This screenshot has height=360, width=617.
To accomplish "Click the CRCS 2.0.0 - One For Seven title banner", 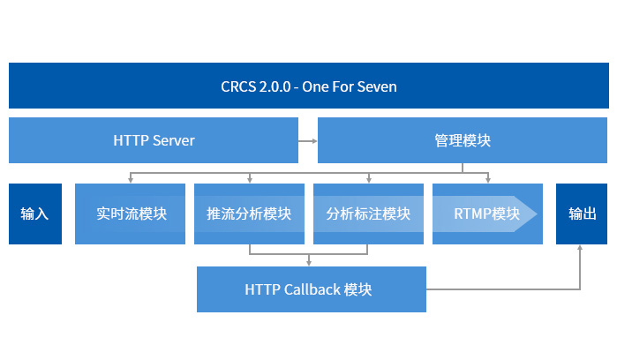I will click(x=308, y=86).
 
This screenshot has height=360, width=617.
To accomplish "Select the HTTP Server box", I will click(x=154, y=140).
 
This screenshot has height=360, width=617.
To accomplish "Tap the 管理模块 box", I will click(x=463, y=140).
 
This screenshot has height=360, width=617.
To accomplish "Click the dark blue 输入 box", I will click(x=35, y=214).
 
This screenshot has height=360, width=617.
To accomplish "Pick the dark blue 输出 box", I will click(x=582, y=214).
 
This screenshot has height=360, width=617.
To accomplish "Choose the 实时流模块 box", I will click(x=131, y=214).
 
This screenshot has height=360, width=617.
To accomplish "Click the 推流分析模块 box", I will click(x=249, y=214).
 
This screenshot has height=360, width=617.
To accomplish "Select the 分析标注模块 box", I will click(x=368, y=214).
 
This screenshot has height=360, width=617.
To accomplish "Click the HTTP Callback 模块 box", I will click(x=311, y=289).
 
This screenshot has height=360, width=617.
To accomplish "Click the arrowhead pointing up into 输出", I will click(x=581, y=249).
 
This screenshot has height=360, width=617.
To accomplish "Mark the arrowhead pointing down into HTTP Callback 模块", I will click(x=309, y=262).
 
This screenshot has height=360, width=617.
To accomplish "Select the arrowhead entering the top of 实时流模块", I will click(x=131, y=179).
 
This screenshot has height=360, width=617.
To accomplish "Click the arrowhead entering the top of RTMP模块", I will click(x=487, y=179).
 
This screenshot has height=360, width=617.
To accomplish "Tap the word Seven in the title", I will click(x=378, y=86).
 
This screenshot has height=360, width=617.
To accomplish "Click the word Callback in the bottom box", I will click(x=312, y=289).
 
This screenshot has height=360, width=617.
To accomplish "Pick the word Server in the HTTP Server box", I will click(x=174, y=140).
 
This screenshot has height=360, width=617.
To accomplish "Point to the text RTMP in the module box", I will click(x=472, y=214).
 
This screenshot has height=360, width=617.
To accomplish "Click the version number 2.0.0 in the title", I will click(x=273, y=86).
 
